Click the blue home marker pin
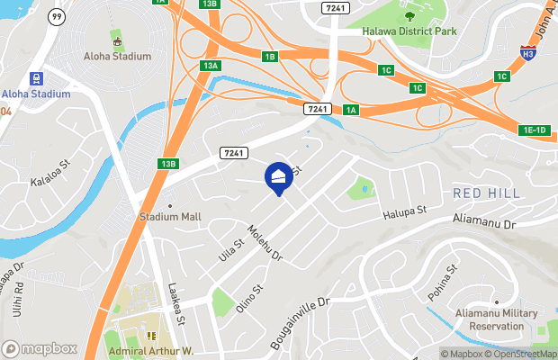click(x=278, y=176)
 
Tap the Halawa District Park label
click(x=409, y=31)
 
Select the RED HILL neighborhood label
click(x=486, y=193)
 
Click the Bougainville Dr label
click(x=301, y=326)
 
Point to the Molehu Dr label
click(x=265, y=243)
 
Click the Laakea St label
click(x=176, y=304)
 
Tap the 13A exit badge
click(x=211, y=66)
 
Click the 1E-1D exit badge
click(x=534, y=130)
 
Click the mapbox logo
click(x=39, y=348)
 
